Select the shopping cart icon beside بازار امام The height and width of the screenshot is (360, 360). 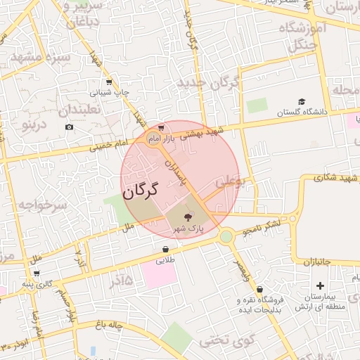coord(162,128)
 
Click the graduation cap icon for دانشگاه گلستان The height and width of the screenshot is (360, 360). coord(302,101)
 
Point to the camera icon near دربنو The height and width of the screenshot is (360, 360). coord(69,127)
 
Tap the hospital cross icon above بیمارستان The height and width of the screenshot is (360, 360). coord(321,285)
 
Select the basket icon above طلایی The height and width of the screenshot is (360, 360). coord(165,249)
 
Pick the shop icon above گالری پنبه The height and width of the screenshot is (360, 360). coord(37,273)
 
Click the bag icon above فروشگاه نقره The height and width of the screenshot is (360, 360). coord(259,289)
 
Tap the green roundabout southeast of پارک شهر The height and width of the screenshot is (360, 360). coord(226,237)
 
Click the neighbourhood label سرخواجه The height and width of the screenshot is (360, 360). coord(41,205)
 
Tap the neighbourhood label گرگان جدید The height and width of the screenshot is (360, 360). coord(209,84)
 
